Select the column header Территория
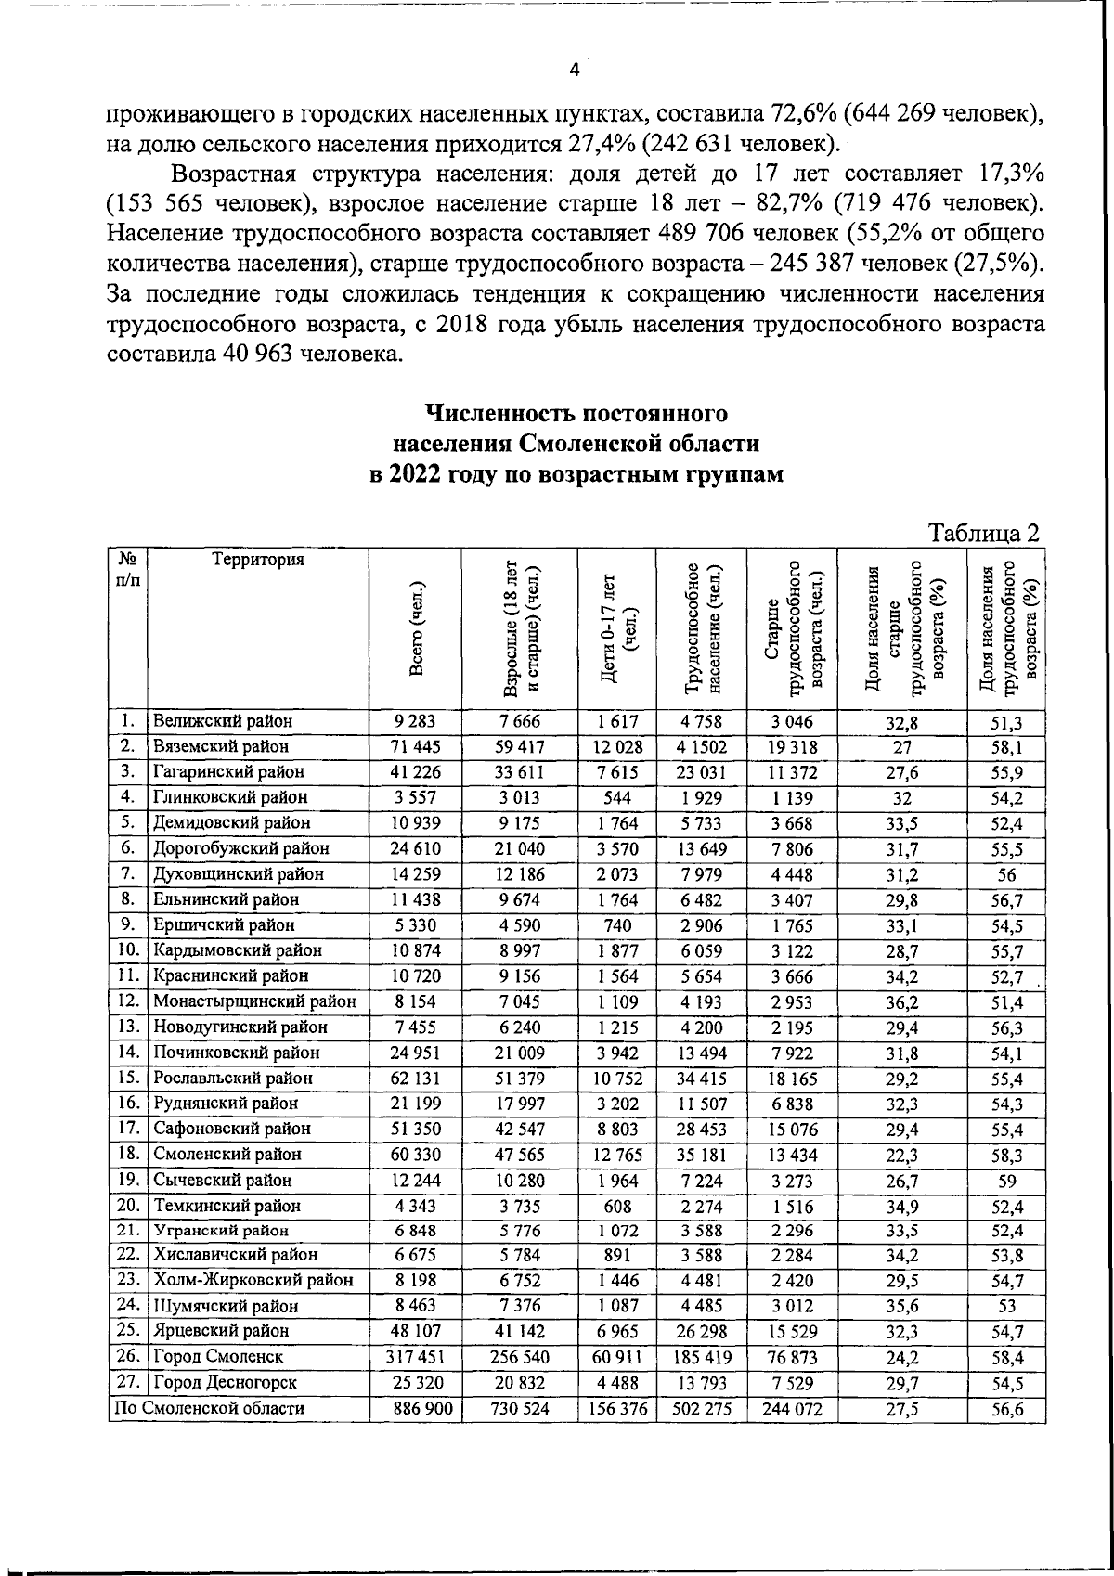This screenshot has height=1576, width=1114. [x=258, y=560]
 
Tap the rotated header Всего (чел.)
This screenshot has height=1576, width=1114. [x=419, y=629]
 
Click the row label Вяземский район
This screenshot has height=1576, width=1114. [x=221, y=746]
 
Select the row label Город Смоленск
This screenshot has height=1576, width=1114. [x=218, y=1357]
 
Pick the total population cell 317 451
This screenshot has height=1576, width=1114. [x=414, y=1357]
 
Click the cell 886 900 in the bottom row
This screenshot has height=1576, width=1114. [x=414, y=1408]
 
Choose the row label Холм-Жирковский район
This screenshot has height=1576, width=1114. [x=253, y=1280]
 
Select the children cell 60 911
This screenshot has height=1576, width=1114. [x=616, y=1357]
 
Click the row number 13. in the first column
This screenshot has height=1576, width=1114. [x=128, y=1027]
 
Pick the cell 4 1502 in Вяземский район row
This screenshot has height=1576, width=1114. [x=701, y=746]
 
